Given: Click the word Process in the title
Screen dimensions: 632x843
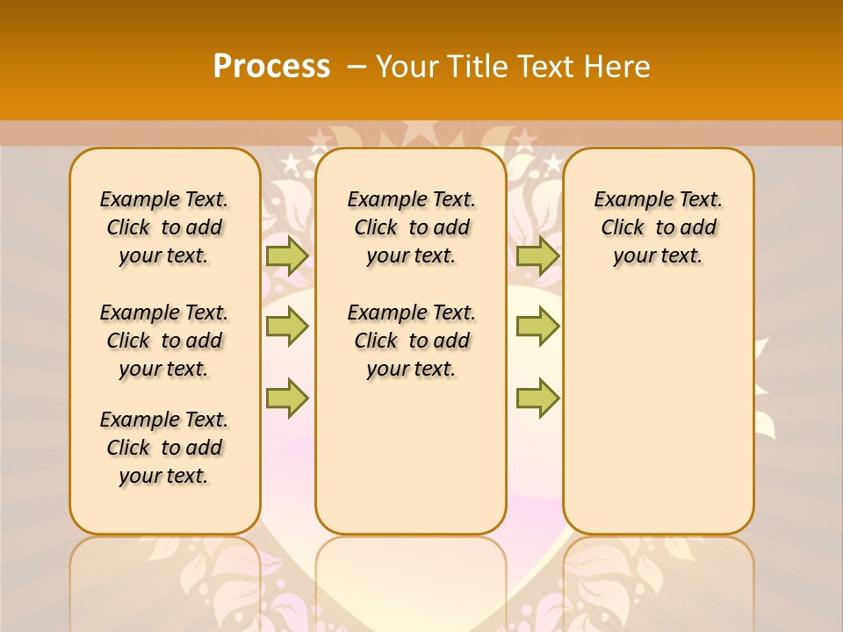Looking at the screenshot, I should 271,66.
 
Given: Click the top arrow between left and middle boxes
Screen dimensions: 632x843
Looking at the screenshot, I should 287,255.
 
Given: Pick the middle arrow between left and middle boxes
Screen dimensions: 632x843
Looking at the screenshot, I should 287,327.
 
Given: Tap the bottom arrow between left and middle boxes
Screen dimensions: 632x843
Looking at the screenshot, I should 287,398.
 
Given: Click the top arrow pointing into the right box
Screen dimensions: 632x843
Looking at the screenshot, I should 537,255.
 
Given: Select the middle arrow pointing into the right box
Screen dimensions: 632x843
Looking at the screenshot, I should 537,327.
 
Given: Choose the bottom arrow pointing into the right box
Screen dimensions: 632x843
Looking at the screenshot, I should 537,398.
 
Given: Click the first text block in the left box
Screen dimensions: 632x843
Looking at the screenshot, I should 164,227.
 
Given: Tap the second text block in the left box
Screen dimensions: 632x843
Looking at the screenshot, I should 164,341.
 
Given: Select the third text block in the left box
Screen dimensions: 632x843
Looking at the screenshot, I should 164,448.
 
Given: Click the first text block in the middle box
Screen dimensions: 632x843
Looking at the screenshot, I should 411,227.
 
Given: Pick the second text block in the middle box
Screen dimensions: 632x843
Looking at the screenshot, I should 411,341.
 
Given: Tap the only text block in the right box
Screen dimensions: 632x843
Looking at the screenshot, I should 658,227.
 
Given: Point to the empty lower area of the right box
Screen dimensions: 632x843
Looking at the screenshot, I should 658,404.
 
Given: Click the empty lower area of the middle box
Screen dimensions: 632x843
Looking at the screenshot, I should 411,456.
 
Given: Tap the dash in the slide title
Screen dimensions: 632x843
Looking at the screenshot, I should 357,67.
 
